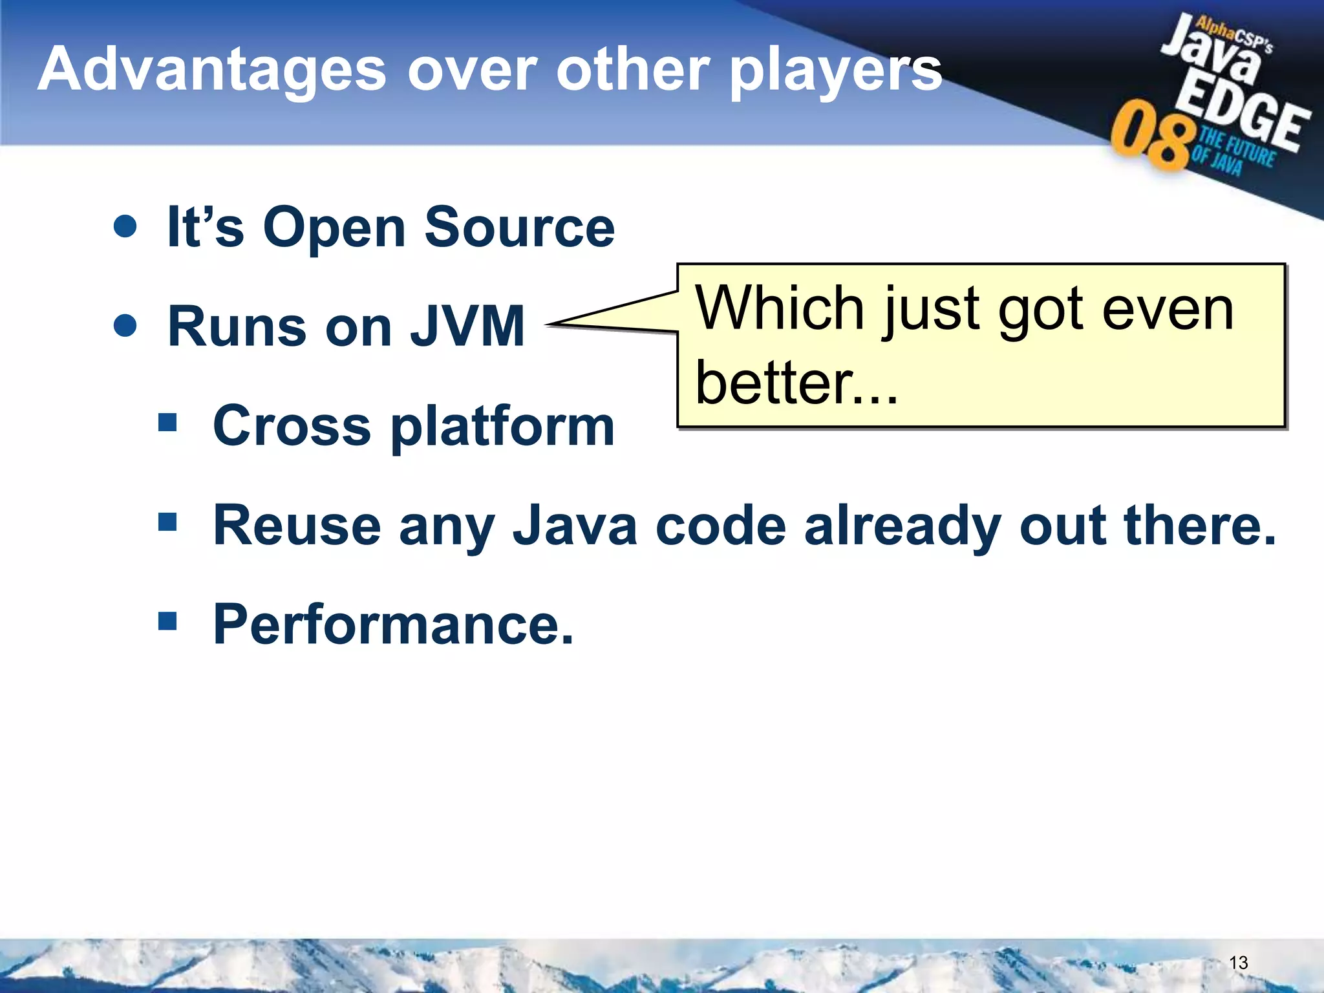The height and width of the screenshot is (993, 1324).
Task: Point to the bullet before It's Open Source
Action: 125,226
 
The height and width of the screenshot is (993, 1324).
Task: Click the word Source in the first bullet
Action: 519,228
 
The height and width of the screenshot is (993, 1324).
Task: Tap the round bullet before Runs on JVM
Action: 125,325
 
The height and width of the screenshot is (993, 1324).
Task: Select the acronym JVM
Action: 468,326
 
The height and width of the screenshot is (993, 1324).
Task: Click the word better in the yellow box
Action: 773,383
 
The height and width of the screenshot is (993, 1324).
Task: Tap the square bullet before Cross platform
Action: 167,423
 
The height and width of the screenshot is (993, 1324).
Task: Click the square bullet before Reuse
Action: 167,521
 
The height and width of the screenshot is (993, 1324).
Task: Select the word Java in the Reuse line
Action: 575,526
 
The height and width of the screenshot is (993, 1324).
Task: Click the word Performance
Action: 393,625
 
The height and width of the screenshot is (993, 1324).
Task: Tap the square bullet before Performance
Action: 167,621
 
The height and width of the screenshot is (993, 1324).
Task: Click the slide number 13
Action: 1238,963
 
